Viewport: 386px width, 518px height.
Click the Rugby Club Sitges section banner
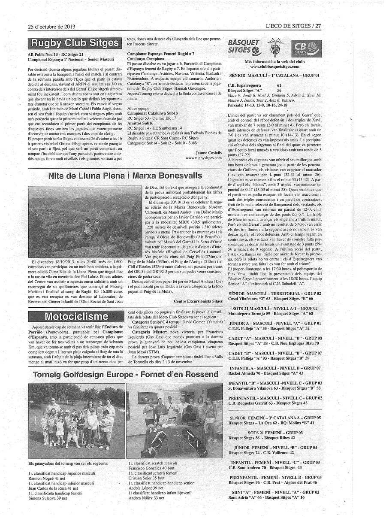tap(74, 43)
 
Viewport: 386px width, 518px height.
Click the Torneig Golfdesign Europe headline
tap(126, 374)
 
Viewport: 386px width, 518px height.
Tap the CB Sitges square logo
tap(306, 48)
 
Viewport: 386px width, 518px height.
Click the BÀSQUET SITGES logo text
tap(244, 46)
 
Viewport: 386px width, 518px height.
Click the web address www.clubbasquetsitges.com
tap(274, 67)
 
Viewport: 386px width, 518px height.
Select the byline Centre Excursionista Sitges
tap(198, 301)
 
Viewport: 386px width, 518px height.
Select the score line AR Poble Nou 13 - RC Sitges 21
tap(56, 55)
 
